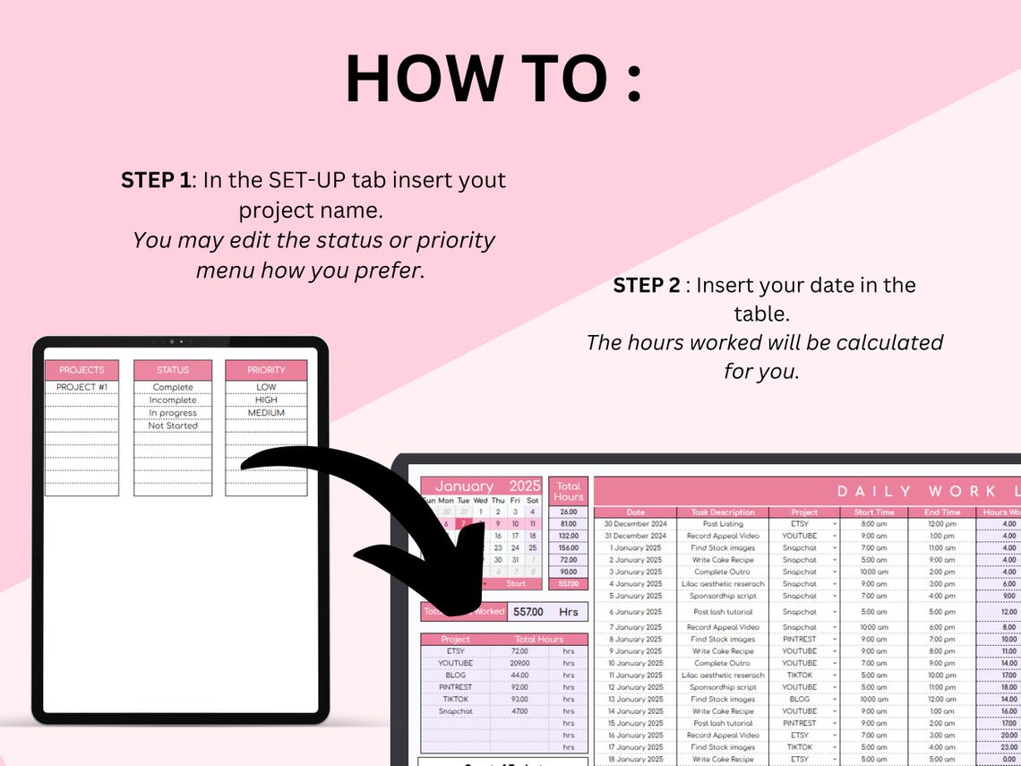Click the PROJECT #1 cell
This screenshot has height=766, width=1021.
click(82, 387)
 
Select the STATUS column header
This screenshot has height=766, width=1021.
click(173, 370)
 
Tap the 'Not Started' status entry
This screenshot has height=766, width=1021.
click(173, 426)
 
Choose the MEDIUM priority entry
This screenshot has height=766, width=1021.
click(266, 413)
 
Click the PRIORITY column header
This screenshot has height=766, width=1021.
click(266, 370)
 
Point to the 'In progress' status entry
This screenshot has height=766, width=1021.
click(173, 413)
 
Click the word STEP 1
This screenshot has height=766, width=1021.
click(156, 180)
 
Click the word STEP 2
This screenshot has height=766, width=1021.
click(646, 286)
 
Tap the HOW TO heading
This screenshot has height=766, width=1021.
click(493, 80)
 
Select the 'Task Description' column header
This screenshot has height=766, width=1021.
click(724, 512)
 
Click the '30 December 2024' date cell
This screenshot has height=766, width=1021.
click(636, 524)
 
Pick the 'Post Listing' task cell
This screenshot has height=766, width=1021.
click(724, 524)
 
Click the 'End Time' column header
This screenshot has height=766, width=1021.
click(941, 512)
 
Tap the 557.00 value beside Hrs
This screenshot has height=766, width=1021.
click(528, 612)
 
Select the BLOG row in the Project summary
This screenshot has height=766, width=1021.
click(455, 675)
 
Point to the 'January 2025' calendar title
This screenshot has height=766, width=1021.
click(481, 486)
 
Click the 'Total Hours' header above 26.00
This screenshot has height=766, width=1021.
click(568, 491)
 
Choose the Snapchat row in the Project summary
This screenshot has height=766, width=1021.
click(455, 711)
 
